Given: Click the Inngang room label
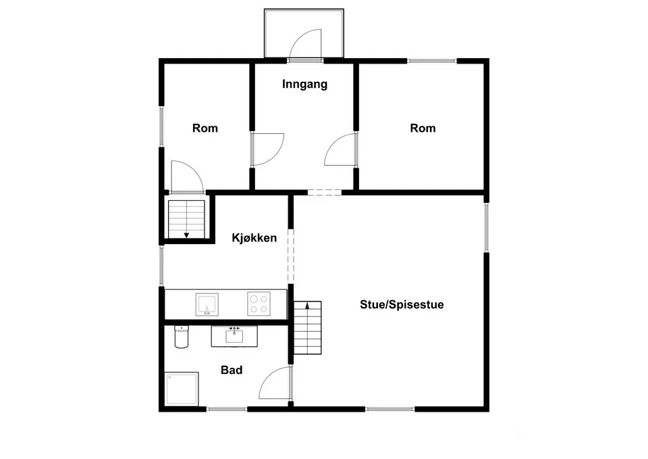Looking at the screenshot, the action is [x=304, y=84].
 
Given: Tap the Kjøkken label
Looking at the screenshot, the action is [x=254, y=238].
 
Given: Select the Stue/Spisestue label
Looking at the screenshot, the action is [x=402, y=305].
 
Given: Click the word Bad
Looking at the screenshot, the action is [x=232, y=370].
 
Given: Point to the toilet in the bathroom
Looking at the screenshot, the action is [x=181, y=337].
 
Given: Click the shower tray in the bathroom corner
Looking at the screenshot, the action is [x=182, y=389].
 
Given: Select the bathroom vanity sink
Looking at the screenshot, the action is [x=234, y=336].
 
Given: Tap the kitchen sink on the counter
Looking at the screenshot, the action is [x=207, y=304].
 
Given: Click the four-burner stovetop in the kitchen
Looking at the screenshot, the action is [x=259, y=304].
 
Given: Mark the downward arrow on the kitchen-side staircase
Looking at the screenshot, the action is [x=186, y=235].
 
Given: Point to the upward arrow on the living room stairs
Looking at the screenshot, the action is [x=307, y=306].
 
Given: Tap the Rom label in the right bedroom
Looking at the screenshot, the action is [x=423, y=128].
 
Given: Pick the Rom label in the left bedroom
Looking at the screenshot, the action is [x=205, y=128].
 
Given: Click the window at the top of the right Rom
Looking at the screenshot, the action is [x=432, y=61].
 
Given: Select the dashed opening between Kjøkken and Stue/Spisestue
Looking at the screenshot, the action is [x=291, y=256].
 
